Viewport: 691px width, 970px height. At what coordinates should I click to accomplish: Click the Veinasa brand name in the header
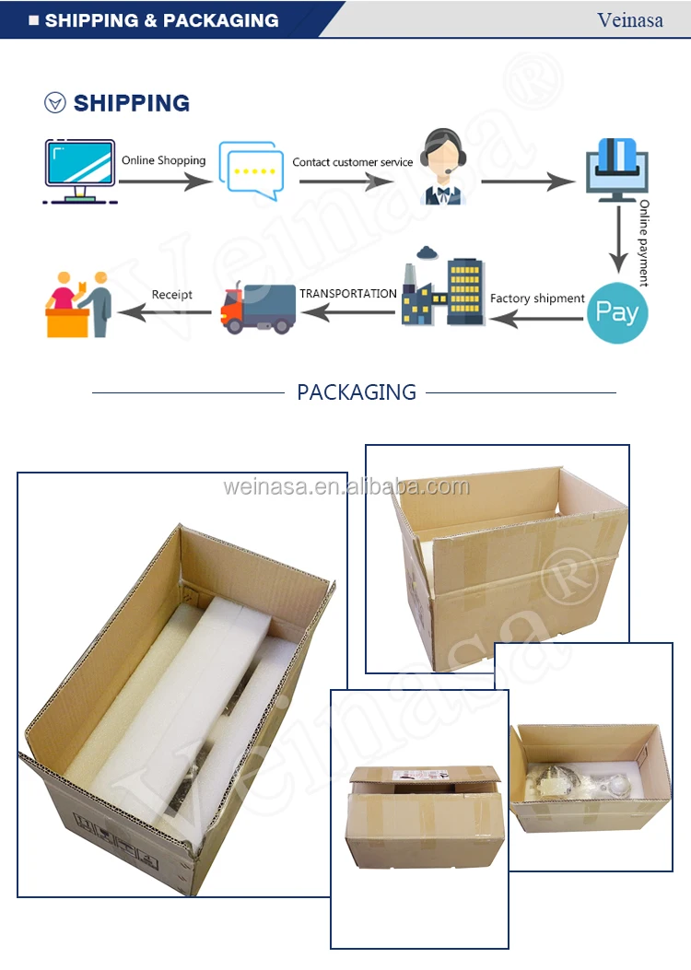(630, 20)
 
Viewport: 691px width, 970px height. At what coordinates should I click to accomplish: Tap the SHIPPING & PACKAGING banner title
(161, 20)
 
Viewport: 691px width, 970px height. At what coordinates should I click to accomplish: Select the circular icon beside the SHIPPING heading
(55, 102)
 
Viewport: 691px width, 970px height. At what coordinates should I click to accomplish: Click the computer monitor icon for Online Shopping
(80, 171)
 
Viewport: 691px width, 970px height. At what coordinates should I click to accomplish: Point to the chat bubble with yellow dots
(252, 170)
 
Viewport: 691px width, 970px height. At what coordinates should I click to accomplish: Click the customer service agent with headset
(443, 167)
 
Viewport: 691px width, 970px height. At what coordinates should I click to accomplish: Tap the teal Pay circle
(616, 312)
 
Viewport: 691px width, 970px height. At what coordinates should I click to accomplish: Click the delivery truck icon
(258, 308)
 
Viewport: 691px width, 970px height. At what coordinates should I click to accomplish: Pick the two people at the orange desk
(78, 304)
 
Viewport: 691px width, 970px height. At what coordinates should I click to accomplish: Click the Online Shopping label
(163, 160)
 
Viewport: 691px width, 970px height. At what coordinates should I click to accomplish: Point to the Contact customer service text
(353, 162)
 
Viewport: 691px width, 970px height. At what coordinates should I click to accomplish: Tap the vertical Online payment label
(644, 242)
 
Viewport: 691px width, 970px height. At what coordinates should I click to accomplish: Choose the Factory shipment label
(537, 298)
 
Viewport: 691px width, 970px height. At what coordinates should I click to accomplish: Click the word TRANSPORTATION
(348, 293)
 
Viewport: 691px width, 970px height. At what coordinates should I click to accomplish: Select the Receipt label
(172, 295)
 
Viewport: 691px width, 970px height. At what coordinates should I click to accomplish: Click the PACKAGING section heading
(357, 392)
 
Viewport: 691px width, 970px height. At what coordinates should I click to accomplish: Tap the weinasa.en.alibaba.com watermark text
(346, 487)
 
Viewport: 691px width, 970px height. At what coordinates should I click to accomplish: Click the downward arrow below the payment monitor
(618, 240)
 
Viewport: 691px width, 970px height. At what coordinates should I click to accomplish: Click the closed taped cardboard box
(425, 817)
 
